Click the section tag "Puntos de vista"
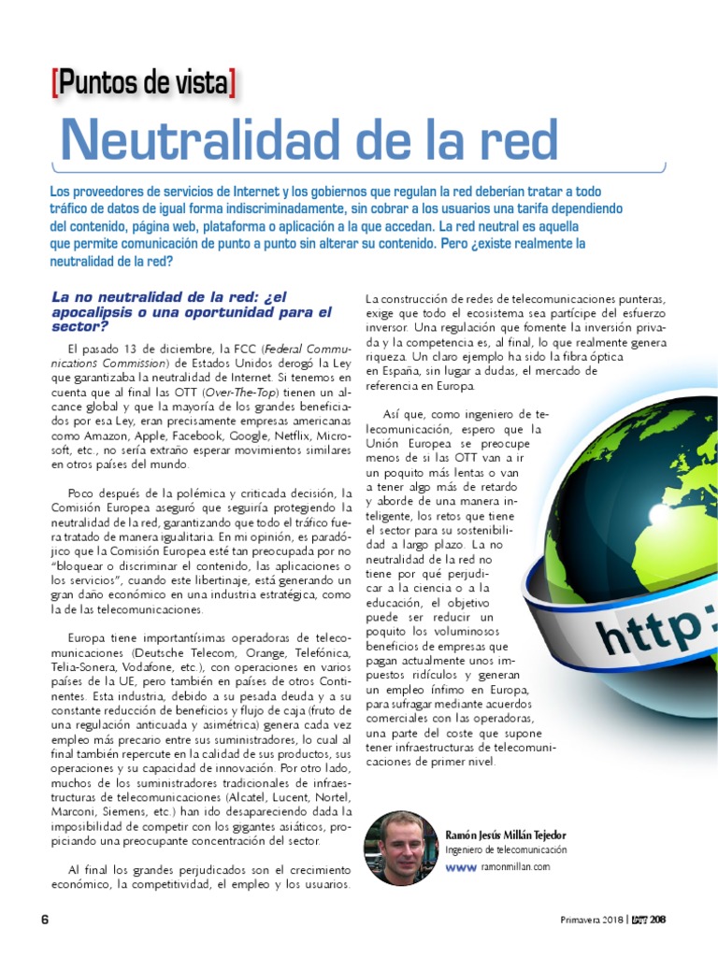(143, 84)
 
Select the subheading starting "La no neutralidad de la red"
(192, 312)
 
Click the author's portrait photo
(400, 849)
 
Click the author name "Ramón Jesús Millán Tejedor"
(506, 835)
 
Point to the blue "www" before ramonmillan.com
(461, 868)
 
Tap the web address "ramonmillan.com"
(514, 868)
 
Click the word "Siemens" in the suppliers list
(139, 813)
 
